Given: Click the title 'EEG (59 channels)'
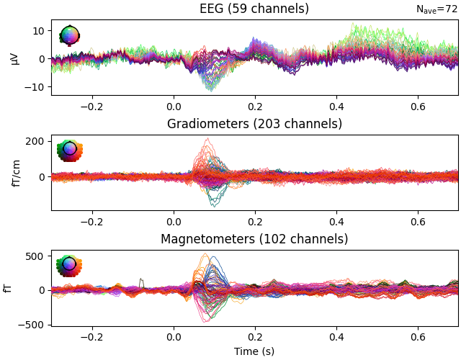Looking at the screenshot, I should pos(254,9).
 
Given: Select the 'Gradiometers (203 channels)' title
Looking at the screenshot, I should pos(254,124).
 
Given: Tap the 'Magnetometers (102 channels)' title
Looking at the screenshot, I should pos(254,239).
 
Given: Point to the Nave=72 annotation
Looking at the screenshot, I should pos(437,9).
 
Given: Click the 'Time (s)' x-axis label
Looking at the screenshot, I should pos(254,351).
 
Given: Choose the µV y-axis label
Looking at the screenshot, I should pos(14,58).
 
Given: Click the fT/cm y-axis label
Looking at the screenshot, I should pos(14,173).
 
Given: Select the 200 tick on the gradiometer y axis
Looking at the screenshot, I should pos(35,141).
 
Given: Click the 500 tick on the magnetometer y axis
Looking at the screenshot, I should pos(35,256).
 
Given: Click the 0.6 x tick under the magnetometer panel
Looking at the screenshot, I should pos(418,336).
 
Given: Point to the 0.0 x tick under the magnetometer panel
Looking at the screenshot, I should pos(174,336).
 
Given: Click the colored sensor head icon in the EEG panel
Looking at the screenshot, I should pos(69,35).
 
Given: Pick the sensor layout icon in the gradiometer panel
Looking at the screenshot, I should pos(69,150).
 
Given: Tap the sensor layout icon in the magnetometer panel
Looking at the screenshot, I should pos(69,264).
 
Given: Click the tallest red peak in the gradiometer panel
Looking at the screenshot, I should pos(207,139).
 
